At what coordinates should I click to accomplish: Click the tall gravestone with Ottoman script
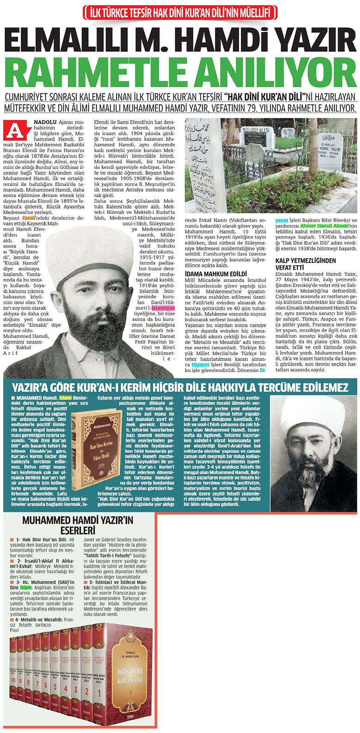click(205, 162)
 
